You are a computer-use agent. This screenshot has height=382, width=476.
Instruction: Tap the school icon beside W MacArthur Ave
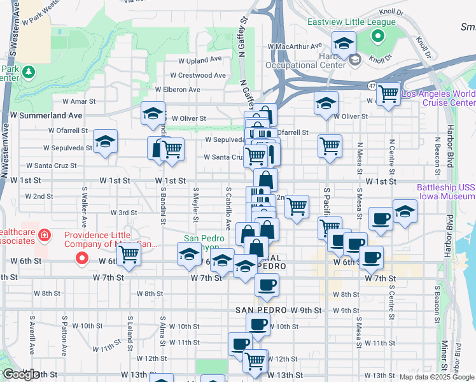click(x=344, y=44)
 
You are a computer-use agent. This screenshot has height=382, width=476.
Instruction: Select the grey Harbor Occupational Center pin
click(x=354, y=60)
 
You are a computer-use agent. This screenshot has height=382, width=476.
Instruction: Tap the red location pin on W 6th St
click(x=81, y=258)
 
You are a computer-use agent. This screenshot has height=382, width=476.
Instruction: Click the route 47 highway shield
click(x=370, y=85)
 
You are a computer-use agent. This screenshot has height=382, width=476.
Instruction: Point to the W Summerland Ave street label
click(x=46, y=115)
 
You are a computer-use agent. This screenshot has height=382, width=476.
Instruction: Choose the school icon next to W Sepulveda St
click(x=105, y=142)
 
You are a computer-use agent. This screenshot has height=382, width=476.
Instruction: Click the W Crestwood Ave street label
click(x=202, y=75)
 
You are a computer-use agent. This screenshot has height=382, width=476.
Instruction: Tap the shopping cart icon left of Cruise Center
click(x=388, y=94)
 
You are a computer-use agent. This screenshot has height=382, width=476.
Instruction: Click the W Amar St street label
click(x=78, y=101)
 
